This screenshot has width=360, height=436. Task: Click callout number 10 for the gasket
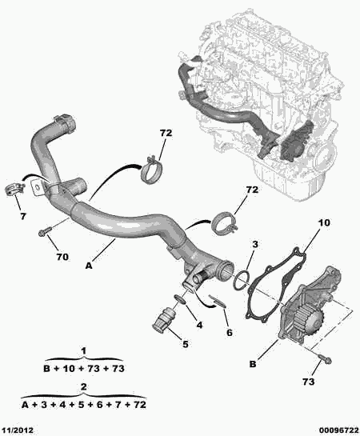pos(324,222)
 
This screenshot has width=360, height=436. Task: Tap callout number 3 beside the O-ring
pos(255,245)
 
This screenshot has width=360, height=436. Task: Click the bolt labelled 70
pos(45,231)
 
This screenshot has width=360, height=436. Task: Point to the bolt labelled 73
pos(325,358)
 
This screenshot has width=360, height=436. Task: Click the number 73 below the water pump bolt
pos(309,382)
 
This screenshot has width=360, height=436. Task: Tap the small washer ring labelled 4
pos(180,299)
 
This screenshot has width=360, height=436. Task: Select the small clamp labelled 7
pos(14,189)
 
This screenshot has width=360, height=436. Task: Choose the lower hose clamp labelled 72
pos(224,224)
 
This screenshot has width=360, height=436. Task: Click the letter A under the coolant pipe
pos(89,266)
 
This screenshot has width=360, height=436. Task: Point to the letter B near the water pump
pos(253,364)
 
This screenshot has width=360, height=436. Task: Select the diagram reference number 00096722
pos(338,430)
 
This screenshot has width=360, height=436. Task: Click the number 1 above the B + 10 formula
pos(84,351)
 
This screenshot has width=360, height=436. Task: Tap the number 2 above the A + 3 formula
pos(84,386)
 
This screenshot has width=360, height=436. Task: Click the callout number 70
pos(62,257)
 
